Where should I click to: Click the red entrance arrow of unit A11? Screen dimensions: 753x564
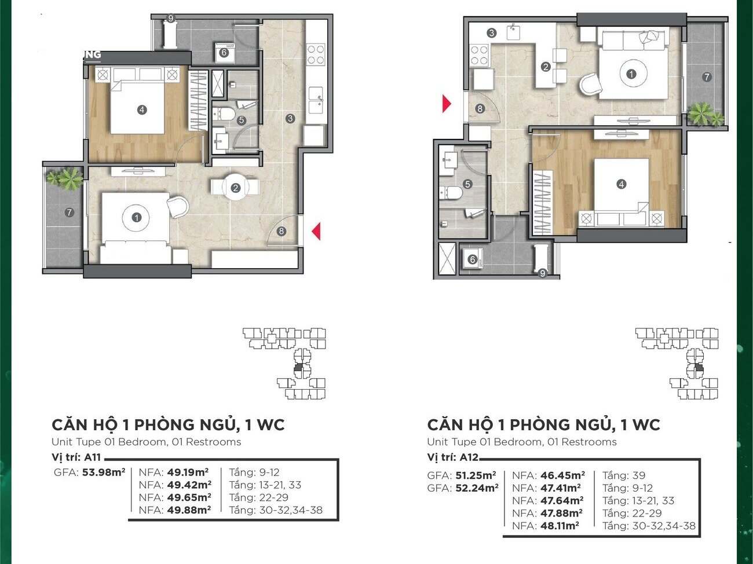[x=317, y=231]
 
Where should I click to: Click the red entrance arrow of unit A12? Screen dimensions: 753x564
[x=446, y=104]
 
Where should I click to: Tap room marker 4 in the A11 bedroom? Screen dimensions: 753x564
[x=142, y=109]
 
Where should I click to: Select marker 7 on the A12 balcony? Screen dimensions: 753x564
[x=706, y=77]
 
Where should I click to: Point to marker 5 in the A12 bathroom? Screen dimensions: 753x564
[x=467, y=184]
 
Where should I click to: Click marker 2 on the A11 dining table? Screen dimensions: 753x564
[x=235, y=188]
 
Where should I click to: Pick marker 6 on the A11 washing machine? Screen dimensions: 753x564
[x=224, y=53]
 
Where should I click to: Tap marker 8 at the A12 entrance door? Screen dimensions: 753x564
[x=480, y=109]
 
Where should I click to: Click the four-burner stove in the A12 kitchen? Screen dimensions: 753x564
[x=480, y=55]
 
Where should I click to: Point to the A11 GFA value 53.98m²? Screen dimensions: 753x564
[x=104, y=472]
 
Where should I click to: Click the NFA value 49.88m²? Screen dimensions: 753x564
[x=189, y=510]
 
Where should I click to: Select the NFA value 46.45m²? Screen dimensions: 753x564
[x=562, y=475]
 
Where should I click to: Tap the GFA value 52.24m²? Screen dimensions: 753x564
[x=477, y=488]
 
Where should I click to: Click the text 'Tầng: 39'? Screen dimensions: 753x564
[x=624, y=475]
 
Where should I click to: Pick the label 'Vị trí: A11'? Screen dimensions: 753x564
[x=76, y=457]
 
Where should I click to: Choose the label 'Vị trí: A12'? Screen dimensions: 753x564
[x=452, y=457]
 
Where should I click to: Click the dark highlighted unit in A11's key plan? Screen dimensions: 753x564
[x=298, y=368]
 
